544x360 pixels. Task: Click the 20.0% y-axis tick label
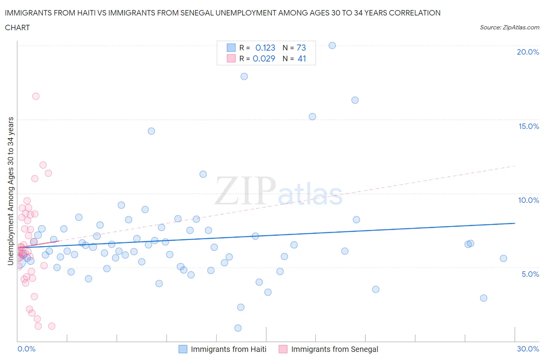(528, 52)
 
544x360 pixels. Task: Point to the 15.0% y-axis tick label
(529, 126)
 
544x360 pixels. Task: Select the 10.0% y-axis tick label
(529, 200)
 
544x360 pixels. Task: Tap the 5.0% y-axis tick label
(530, 274)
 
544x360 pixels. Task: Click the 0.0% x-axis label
(26, 349)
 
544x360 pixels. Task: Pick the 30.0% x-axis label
(528, 349)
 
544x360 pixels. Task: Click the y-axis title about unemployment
(10, 191)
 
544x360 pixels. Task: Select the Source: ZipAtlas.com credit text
(509, 27)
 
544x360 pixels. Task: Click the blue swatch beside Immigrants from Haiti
(183, 349)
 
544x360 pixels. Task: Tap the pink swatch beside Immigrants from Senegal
(283, 349)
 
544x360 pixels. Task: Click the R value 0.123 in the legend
(265, 48)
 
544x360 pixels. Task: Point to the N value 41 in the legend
(302, 58)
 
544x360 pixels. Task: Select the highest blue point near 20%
(332, 45)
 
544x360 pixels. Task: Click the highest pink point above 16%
(36, 96)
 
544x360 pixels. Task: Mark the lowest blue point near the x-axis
(238, 328)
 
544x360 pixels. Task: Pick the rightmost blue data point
(503, 259)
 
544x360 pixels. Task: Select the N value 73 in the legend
(301, 48)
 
